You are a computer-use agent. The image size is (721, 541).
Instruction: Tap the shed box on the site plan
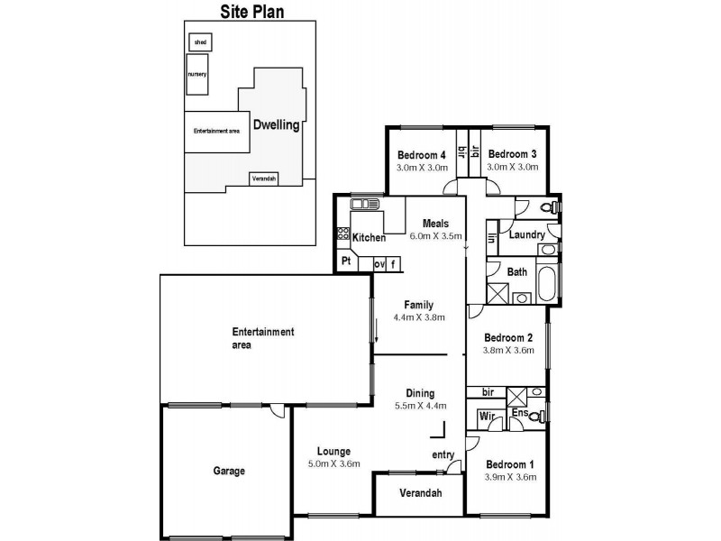coord(199,41)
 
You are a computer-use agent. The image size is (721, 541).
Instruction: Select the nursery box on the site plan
coord(197,75)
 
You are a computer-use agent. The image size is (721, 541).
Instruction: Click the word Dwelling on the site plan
coord(276,125)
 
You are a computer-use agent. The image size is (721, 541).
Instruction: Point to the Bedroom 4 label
coord(422,154)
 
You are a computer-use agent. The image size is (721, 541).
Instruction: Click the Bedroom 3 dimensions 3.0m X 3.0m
coord(512,167)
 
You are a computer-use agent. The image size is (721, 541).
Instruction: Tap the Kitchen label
coord(369,238)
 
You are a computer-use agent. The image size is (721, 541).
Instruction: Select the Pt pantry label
coord(346,262)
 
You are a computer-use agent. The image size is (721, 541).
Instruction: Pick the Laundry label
coord(526,235)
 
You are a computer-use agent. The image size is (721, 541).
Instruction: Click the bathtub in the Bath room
coord(546,284)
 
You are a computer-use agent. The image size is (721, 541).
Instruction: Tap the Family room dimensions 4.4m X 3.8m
coord(419,317)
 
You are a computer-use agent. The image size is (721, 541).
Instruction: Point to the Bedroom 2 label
coord(508,338)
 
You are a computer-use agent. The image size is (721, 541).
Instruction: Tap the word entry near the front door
coord(443,454)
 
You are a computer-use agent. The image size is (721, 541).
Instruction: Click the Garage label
coord(229,471)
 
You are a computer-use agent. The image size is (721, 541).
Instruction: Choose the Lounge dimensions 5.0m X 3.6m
coord(333,464)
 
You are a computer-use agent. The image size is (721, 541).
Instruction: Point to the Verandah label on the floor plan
coord(419,493)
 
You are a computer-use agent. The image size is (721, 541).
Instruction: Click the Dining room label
coord(420,393)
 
